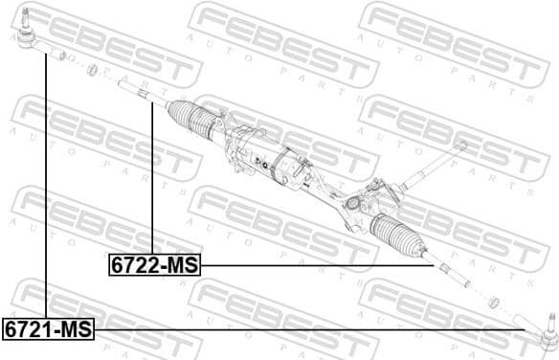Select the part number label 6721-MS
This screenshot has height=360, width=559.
[x=48, y=329]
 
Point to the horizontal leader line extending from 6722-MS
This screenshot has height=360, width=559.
[x=316, y=265]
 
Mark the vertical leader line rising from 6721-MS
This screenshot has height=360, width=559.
[x=45, y=191]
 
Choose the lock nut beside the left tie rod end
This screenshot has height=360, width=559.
[x=93, y=70]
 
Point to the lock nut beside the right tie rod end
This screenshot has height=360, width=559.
[x=494, y=303]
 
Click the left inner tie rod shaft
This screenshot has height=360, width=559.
[x=134, y=92]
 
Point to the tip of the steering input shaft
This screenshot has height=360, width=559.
[x=462, y=145]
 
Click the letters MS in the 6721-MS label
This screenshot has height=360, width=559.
[x=75, y=329]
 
